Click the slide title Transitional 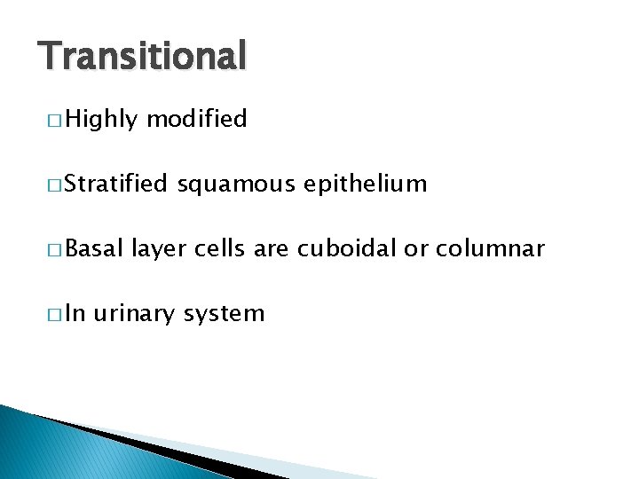pos(142,57)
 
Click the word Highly pos(99,120)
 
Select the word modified pos(196,120)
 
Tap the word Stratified pos(115,185)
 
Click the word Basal pos(93,249)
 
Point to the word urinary pos(138,314)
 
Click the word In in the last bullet pos(75,314)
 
